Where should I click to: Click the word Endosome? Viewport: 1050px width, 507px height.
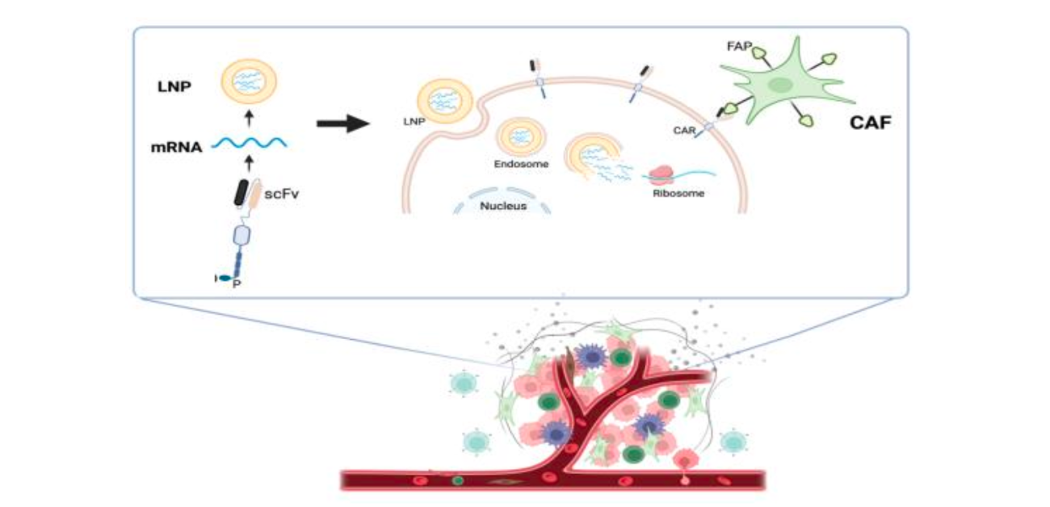(521, 163)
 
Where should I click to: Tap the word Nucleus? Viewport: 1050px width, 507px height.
(503, 205)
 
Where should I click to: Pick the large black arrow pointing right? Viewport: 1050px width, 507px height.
(342, 124)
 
